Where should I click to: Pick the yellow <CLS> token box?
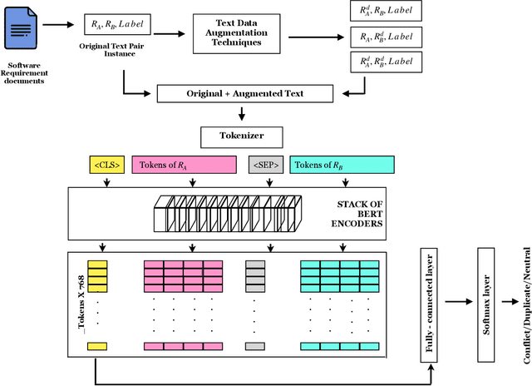(106, 165)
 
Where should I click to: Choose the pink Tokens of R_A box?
(185, 165)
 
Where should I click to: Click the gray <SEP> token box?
(266, 165)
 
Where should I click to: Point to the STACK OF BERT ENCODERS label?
(357, 212)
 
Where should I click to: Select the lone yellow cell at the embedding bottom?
(98, 346)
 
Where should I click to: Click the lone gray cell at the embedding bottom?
(255, 346)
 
